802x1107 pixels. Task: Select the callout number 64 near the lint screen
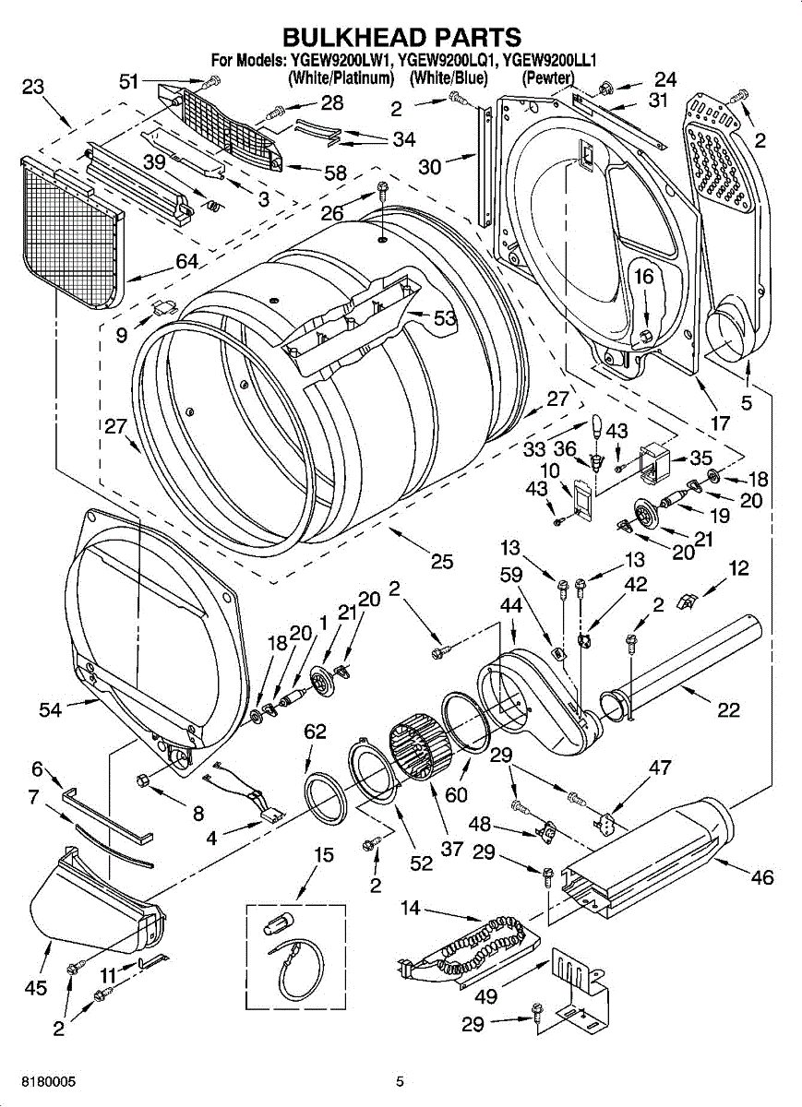(x=187, y=261)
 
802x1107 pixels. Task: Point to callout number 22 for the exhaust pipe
(x=728, y=710)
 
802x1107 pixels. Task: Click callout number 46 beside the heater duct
(x=762, y=877)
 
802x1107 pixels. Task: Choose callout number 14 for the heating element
(x=411, y=908)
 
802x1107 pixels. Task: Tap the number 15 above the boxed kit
(x=324, y=854)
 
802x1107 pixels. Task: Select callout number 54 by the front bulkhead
(x=51, y=710)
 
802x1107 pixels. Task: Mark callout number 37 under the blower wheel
(x=452, y=850)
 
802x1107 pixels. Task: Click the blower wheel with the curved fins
(x=421, y=750)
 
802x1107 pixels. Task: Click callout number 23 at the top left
(x=32, y=87)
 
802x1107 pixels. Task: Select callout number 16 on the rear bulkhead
(x=644, y=276)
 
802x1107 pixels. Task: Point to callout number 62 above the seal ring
(x=315, y=731)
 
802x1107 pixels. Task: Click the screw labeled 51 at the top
(x=214, y=80)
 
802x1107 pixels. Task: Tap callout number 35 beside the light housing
(x=700, y=458)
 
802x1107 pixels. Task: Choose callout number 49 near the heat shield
(x=485, y=995)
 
